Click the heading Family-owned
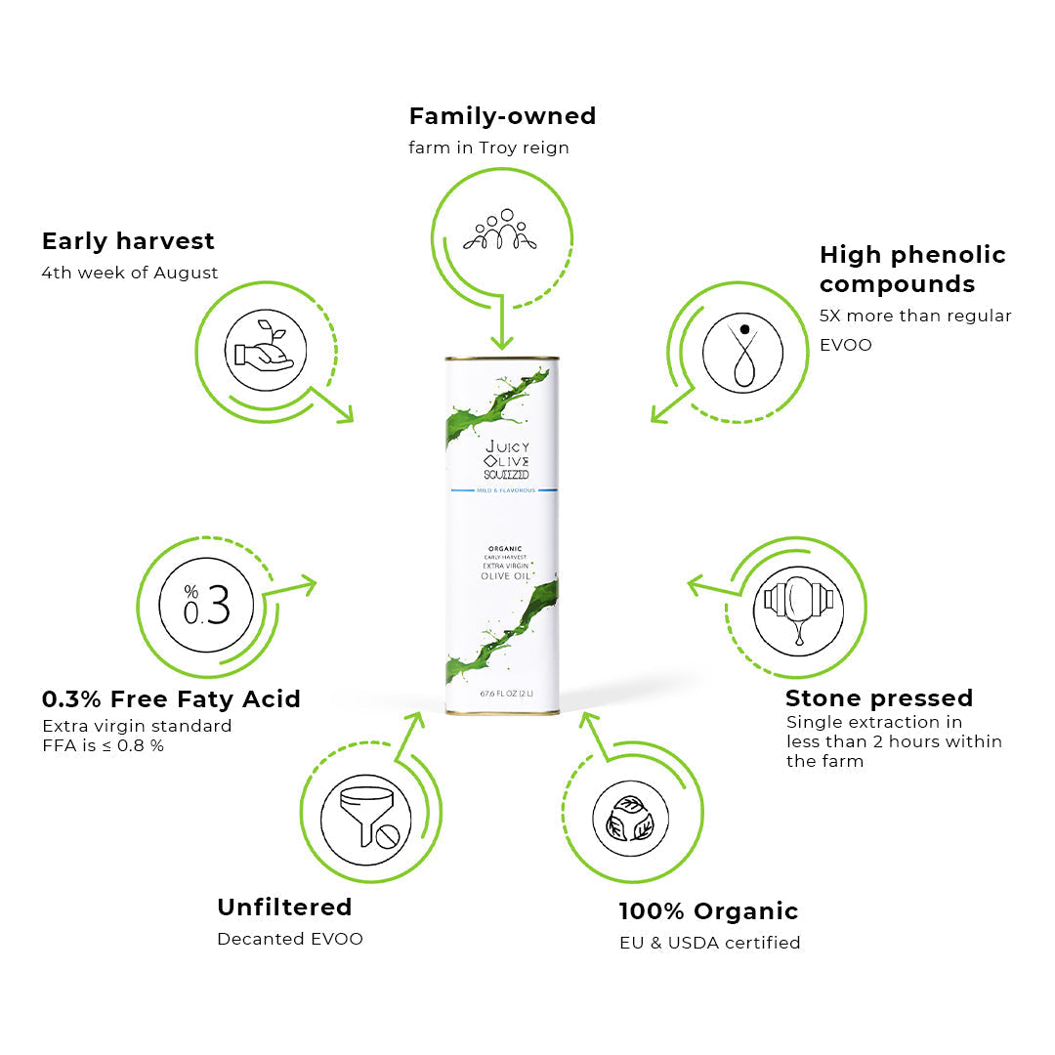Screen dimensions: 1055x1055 pyautogui.click(x=503, y=116)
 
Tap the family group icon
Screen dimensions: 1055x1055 pyautogui.click(x=500, y=230)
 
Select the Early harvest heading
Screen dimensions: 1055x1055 pyautogui.click(x=128, y=241)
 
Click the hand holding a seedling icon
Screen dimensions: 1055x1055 pyautogui.click(x=265, y=350)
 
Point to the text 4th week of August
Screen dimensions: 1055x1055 pyautogui.click(x=129, y=273)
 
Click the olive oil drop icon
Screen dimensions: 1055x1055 pyautogui.click(x=742, y=353)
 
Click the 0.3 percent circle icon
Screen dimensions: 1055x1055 pyautogui.click(x=206, y=605)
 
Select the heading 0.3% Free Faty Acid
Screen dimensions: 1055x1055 pyautogui.click(x=171, y=699)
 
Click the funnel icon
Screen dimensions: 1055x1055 pyautogui.click(x=366, y=819)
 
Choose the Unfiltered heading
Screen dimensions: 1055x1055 pyautogui.click(x=284, y=907)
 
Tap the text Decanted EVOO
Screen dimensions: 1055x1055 pyautogui.click(x=290, y=939)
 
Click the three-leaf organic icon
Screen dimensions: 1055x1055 pyautogui.click(x=630, y=819)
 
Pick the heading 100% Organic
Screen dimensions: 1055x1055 pyautogui.click(x=708, y=911)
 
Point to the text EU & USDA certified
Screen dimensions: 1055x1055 pyautogui.click(x=710, y=943)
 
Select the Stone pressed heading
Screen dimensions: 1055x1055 pyautogui.click(x=879, y=698)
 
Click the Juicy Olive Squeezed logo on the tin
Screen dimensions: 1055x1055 pyautogui.click(x=507, y=459)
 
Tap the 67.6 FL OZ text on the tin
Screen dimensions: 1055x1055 pyautogui.click(x=507, y=693)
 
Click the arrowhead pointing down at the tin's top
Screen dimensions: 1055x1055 pyautogui.click(x=502, y=342)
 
